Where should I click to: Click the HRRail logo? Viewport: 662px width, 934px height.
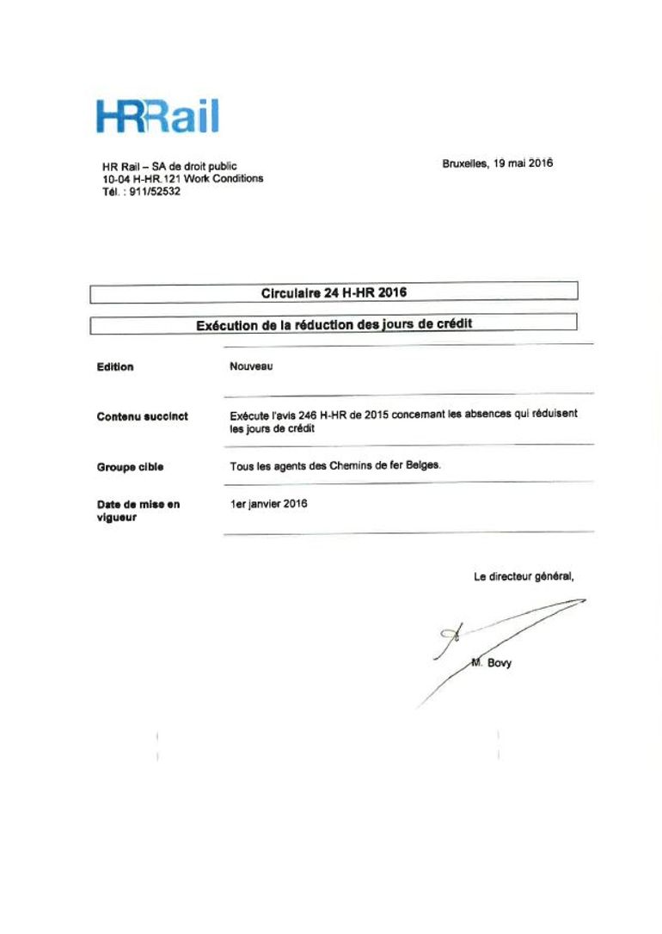[157, 117]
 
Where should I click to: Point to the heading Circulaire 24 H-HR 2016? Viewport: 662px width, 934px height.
[334, 292]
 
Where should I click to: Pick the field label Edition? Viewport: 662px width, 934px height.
[115, 367]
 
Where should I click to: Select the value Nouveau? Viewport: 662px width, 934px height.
[251, 366]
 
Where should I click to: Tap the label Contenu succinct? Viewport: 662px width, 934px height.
[142, 416]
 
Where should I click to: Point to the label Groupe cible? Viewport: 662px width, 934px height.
[130, 467]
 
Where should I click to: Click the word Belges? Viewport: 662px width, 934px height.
[421, 465]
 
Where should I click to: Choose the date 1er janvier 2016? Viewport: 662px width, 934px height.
[268, 504]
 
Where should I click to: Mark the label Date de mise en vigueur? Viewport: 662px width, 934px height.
[138, 511]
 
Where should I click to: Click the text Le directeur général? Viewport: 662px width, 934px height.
[523, 577]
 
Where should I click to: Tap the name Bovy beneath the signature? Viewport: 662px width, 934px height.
[500, 662]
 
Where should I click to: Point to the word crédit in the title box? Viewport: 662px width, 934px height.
[451, 323]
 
